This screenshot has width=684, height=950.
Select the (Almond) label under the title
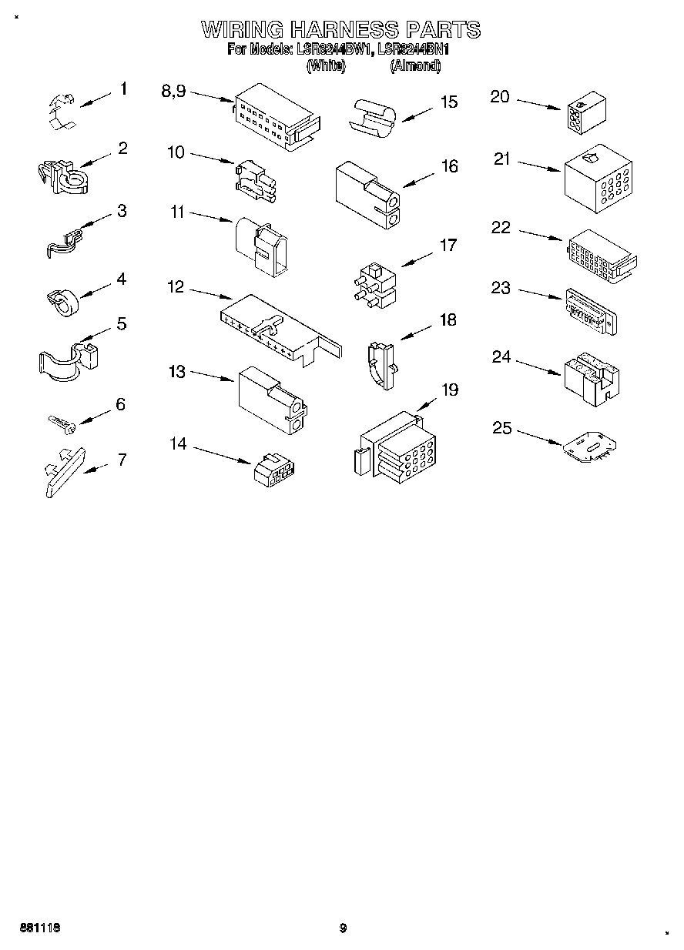(x=415, y=66)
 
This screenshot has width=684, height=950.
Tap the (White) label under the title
(x=325, y=66)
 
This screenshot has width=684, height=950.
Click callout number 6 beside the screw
(x=120, y=404)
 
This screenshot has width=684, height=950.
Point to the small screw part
(x=59, y=423)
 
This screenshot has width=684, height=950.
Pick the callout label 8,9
(x=173, y=91)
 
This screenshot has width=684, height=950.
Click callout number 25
(x=502, y=427)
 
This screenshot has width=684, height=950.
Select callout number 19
(x=449, y=390)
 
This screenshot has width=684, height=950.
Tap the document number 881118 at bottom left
(x=36, y=928)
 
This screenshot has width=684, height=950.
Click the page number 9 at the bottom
(x=344, y=928)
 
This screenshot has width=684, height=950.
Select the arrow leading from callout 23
(x=539, y=295)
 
